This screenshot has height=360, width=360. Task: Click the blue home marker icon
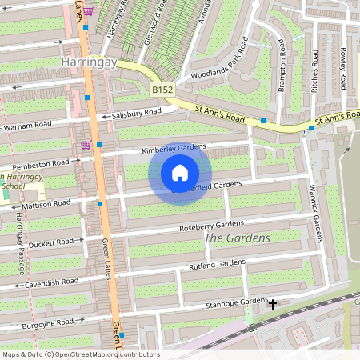(x=180, y=173)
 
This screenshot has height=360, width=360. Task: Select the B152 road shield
(x=162, y=90)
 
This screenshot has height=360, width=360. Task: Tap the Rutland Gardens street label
(x=217, y=263)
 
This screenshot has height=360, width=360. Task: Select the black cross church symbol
(x=273, y=304)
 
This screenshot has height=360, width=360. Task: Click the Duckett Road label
(x=50, y=241)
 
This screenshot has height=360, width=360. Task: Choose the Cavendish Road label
(x=50, y=282)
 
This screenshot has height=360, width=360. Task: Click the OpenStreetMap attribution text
(x=81, y=354)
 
